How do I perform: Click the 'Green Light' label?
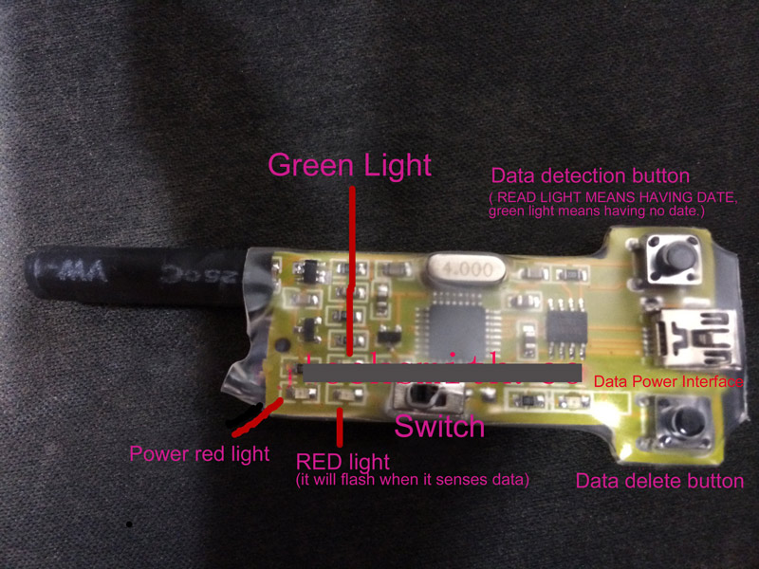(350, 165)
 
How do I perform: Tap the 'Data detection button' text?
(589, 176)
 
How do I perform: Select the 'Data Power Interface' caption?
(668, 381)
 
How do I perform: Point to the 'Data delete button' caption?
(659, 481)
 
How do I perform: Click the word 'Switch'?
(439, 426)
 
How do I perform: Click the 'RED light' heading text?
(342, 462)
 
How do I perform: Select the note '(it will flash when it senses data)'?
(412, 480)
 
